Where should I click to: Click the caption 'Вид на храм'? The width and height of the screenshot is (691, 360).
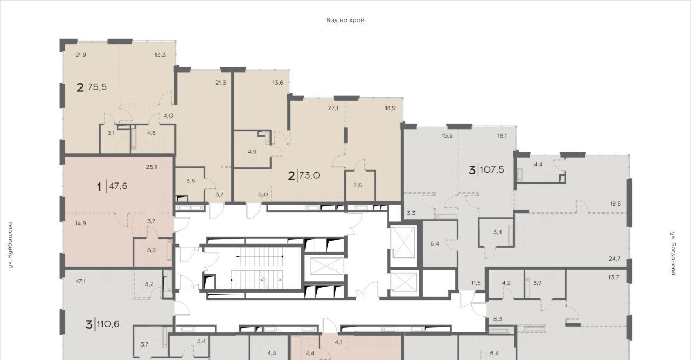click(x=345, y=21)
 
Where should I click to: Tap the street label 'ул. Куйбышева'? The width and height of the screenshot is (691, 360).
click(x=10, y=245)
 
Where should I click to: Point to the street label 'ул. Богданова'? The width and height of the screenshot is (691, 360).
click(x=673, y=253)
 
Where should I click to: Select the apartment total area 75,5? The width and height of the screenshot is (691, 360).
click(x=98, y=87)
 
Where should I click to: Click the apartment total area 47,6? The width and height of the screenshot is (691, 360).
click(x=118, y=186)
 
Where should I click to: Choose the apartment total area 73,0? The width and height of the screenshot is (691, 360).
click(x=310, y=175)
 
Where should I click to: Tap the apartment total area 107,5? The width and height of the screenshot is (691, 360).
click(x=492, y=169)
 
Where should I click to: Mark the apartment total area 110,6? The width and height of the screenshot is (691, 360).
click(x=108, y=324)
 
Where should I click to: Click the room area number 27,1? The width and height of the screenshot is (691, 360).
click(x=334, y=108)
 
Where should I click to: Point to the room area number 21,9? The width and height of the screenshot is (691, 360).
click(x=80, y=55)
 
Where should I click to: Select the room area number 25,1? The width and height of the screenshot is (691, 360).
click(x=152, y=167)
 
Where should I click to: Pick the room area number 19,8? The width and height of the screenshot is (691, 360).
click(x=615, y=204)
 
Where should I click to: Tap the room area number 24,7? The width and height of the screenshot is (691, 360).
click(x=614, y=259)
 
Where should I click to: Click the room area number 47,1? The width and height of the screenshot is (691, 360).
click(x=80, y=281)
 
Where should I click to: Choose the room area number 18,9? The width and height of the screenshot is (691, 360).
click(x=390, y=108)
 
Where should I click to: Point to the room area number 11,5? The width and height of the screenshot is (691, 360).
click(x=476, y=283)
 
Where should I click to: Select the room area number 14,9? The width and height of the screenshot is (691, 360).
click(x=80, y=223)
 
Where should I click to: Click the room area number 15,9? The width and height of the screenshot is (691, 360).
click(x=447, y=135)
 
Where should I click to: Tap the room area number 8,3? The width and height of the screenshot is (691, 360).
click(x=498, y=319)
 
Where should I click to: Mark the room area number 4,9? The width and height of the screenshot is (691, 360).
click(x=252, y=152)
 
